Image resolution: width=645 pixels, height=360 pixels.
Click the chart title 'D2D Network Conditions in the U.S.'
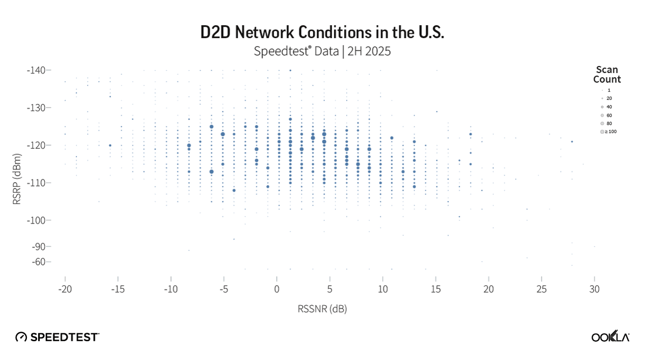(322, 33)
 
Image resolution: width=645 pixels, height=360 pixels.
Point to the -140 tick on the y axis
(37, 70)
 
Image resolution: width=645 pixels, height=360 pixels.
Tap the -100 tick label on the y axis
(37, 220)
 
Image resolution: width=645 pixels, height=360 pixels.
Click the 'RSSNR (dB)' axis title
(322, 309)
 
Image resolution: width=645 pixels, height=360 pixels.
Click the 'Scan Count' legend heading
(607, 75)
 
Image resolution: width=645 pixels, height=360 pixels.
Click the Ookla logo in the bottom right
(610, 336)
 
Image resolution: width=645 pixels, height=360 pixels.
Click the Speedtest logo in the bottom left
(58, 337)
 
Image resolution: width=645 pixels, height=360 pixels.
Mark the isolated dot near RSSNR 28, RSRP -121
(572, 142)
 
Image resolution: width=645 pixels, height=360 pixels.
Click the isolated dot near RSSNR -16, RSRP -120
(110, 145)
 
